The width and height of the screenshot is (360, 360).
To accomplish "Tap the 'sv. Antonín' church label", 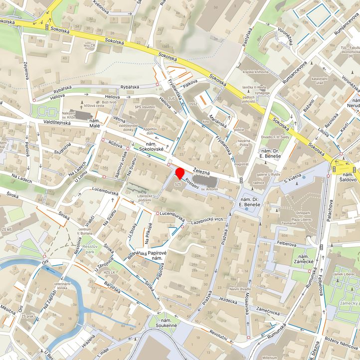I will tap(210, 189).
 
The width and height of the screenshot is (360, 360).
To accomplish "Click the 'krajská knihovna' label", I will tap(255, 72).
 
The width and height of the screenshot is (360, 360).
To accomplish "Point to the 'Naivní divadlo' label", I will tap(240, 289).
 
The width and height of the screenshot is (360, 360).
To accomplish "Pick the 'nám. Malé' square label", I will tap(94, 124).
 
